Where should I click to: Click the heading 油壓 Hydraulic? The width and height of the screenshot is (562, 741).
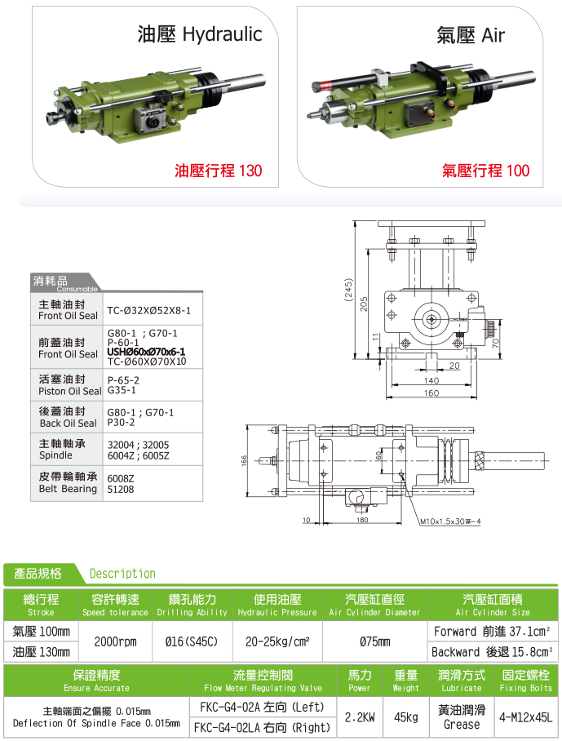(x=200, y=34)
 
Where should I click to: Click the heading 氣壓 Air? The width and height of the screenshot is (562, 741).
(x=471, y=35)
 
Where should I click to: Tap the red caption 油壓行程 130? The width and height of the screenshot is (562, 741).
(x=218, y=170)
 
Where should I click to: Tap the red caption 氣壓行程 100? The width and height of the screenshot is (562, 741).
(x=485, y=170)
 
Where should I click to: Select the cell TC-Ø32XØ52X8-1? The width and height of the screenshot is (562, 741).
(x=148, y=310)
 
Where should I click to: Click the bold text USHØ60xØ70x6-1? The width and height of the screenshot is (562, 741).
(x=146, y=352)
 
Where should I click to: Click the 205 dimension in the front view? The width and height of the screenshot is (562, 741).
(x=363, y=304)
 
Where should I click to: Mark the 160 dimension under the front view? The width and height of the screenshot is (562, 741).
(x=431, y=393)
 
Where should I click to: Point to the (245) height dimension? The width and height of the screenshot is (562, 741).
(x=348, y=289)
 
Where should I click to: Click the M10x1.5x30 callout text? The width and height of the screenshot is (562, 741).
(x=450, y=521)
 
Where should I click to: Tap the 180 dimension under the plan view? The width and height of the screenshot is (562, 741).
(x=362, y=520)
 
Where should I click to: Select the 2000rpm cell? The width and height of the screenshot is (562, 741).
(x=115, y=641)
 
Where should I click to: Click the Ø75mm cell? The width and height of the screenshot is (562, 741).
(x=375, y=641)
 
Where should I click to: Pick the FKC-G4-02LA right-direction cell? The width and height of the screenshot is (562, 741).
(x=263, y=727)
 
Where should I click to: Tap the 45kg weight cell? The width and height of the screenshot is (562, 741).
(x=406, y=717)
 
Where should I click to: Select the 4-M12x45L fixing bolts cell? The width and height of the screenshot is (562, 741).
(x=525, y=717)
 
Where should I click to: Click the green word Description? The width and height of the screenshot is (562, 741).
(x=122, y=573)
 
